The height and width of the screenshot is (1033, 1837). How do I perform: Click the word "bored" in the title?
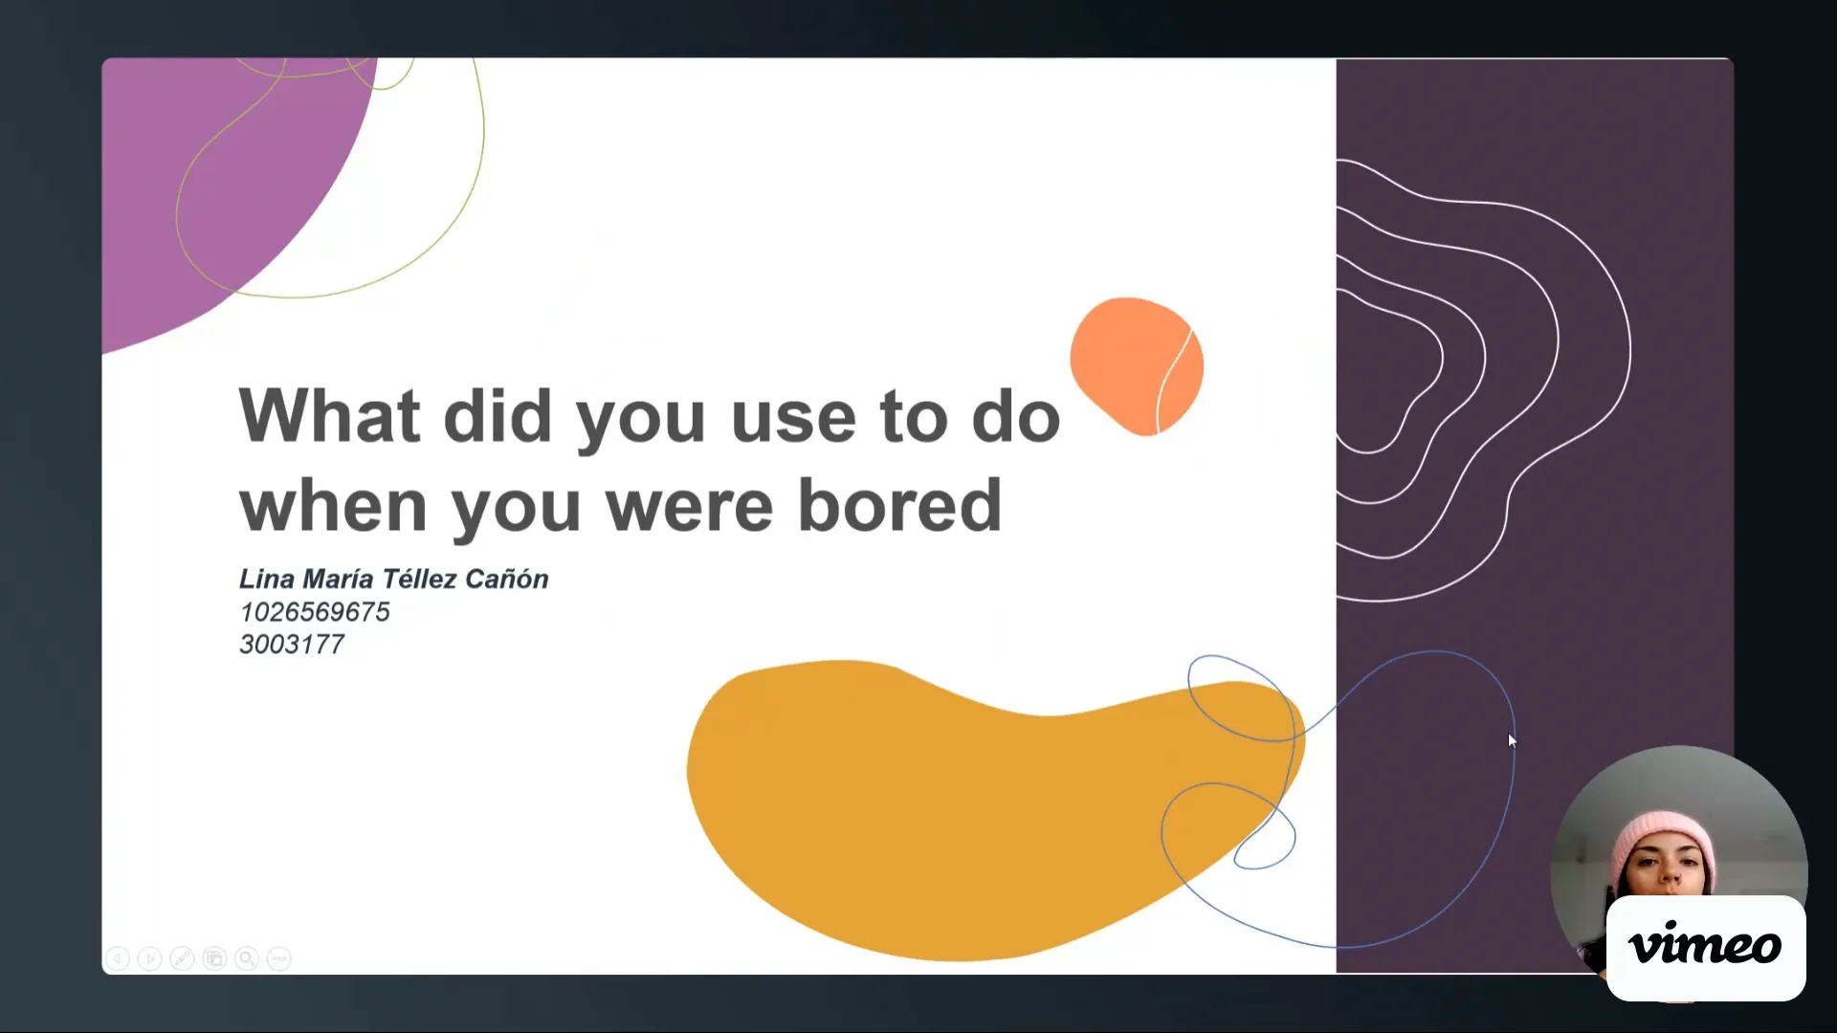coord(899,505)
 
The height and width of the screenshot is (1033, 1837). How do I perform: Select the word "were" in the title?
coord(689,507)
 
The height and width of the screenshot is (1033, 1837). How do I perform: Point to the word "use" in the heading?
coord(793,417)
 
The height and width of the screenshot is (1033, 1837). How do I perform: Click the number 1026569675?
coord(315,612)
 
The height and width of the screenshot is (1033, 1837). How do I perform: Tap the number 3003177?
coord(292,645)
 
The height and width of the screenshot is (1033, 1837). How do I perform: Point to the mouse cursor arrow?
coord(1511,739)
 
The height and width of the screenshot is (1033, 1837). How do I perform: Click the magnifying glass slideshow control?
coord(247,957)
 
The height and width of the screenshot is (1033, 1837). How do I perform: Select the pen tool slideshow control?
coord(182,957)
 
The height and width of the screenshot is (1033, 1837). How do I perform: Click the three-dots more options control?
coord(279,957)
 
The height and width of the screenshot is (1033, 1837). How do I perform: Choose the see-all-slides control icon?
coord(214,957)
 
